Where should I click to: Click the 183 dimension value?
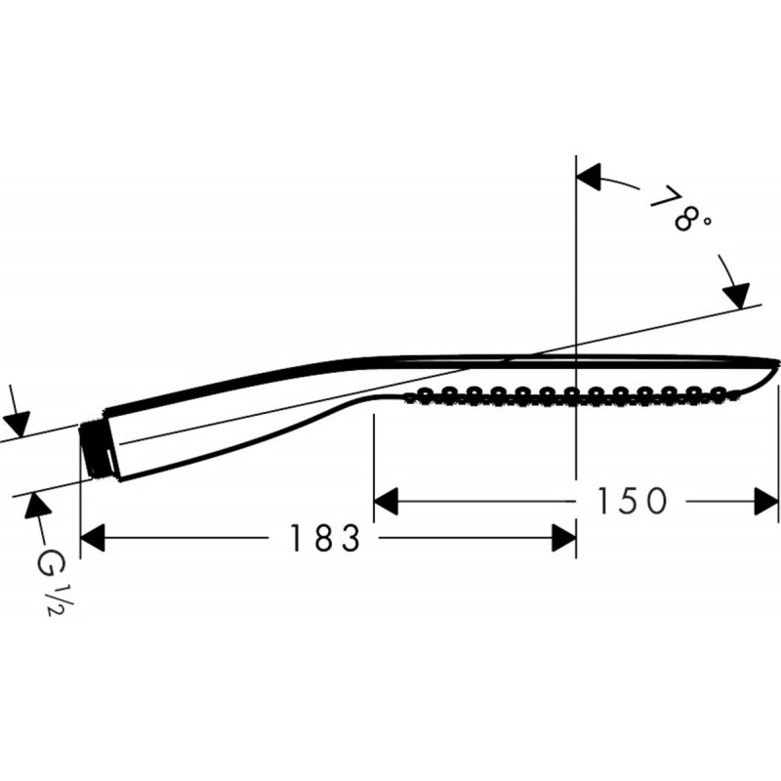click(325, 538)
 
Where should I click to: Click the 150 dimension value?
click(631, 501)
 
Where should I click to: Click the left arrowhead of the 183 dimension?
click(93, 538)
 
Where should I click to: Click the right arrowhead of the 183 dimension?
click(564, 538)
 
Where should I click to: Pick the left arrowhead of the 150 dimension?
click(386, 501)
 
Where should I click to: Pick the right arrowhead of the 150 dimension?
click(766, 501)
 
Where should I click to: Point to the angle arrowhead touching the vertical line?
click(589, 177)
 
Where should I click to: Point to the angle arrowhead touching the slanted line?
click(736, 296)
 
